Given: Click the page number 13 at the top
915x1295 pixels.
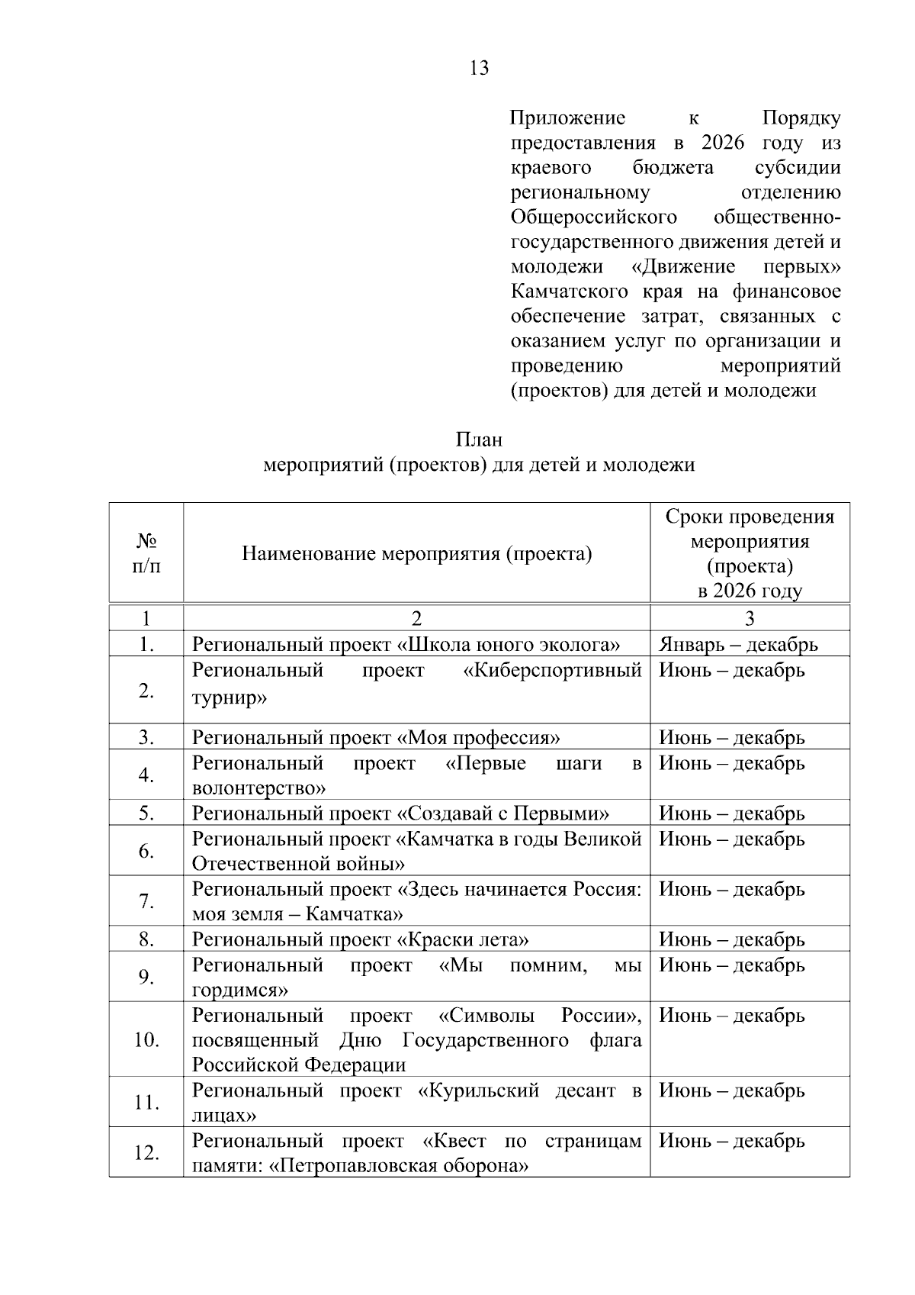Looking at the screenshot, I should click(480, 69).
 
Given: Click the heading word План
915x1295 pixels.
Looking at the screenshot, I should click(479, 440).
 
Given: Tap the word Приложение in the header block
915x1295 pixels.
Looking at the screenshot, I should click(567, 118).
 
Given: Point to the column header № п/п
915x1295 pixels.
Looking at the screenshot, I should click(146, 553).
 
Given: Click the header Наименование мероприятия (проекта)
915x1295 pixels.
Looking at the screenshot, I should click(416, 553).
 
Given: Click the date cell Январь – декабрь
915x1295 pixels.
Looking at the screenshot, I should click(738, 645).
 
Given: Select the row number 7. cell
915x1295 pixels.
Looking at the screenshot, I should click(146, 901).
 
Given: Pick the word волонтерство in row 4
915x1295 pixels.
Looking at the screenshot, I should click(258, 788).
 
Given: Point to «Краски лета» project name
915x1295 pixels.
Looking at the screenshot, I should click(463, 939).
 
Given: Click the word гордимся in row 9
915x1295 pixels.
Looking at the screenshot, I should click(239, 991).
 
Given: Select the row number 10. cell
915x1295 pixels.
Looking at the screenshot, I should click(146, 1039).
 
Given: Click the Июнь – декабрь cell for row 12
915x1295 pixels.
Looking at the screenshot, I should click(731, 1141).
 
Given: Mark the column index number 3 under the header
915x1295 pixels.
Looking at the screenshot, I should click(750, 619).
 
